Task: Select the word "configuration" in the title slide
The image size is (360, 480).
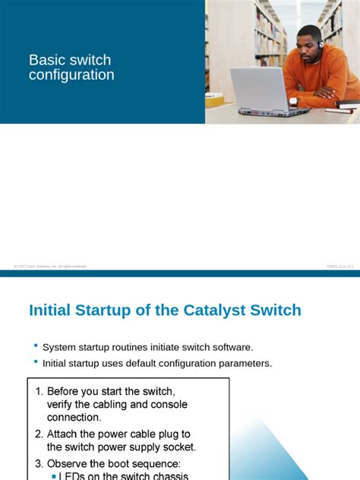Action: point(71,75)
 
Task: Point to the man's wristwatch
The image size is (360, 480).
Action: point(293,101)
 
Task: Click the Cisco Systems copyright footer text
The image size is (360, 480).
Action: point(50,267)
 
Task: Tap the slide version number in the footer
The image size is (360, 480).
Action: point(339,267)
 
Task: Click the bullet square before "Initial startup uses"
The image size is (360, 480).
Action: point(36,364)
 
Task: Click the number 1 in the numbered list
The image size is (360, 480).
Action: point(39,391)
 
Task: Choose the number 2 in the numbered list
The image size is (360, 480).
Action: point(39,434)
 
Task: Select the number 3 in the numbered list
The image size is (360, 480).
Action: point(39,463)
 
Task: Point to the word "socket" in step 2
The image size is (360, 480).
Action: point(179,447)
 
